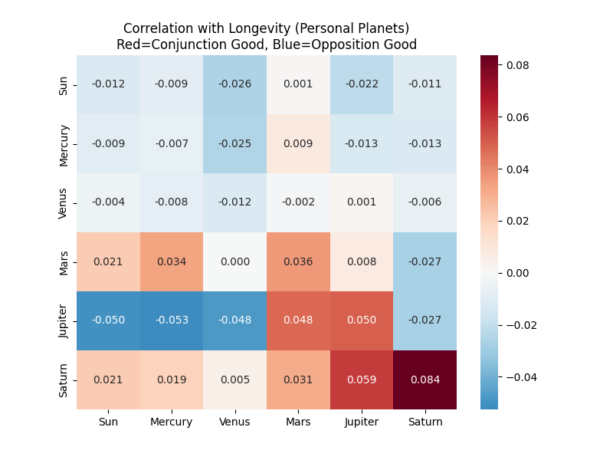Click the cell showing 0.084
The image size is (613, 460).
[425, 379]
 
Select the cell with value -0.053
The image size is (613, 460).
[172, 320]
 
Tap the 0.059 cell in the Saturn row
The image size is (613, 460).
[362, 379]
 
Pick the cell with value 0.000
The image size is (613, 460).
[235, 261]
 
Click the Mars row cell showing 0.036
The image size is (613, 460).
[298, 261]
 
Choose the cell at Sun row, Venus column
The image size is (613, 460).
[235, 84]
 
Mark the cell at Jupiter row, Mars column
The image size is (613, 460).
[298, 320]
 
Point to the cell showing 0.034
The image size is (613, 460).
[172, 261]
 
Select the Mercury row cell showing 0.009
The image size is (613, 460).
[298, 143]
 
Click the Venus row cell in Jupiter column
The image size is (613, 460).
[362, 202]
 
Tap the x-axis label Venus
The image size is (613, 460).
[235, 422]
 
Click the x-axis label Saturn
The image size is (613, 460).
[425, 422]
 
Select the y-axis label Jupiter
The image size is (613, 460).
[64, 320]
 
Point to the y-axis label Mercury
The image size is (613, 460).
[64, 143]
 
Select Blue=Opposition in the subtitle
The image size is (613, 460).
[337, 44]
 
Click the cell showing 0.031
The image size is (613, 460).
[298, 379]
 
